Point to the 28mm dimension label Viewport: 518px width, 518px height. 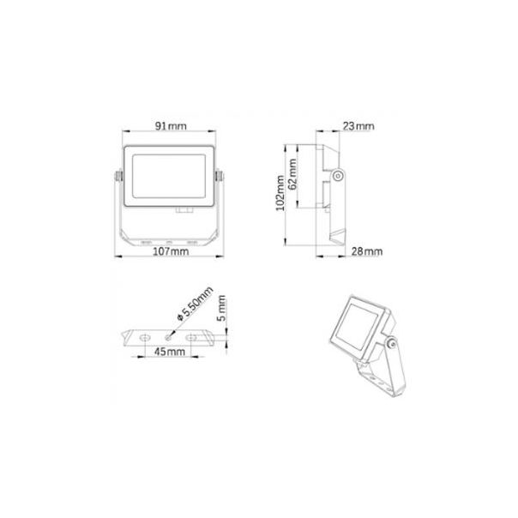[366, 251]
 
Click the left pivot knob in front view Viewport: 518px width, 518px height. [117, 178]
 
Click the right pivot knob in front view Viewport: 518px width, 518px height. [221, 178]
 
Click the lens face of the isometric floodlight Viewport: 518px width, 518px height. [357, 325]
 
